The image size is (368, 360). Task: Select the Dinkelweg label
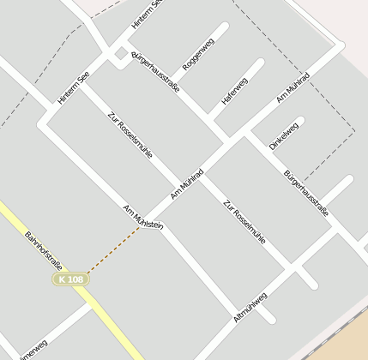pyautogui.click(x=284, y=135)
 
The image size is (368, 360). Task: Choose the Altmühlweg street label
pyautogui.click(x=250, y=307)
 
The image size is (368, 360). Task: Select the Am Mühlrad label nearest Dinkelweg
pyautogui.click(x=293, y=89)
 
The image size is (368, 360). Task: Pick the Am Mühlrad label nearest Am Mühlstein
pyautogui.click(x=187, y=183)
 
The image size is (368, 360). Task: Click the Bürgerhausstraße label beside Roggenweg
pyautogui.click(x=155, y=72)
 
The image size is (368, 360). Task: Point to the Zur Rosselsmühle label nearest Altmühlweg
pyautogui.click(x=244, y=222)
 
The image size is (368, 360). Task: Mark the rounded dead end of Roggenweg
pyautogui.click(x=225, y=27)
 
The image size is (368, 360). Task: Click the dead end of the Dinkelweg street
pyautogui.click(x=299, y=121)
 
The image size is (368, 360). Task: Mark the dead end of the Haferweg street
pyautogui.click(x=260, y=63)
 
